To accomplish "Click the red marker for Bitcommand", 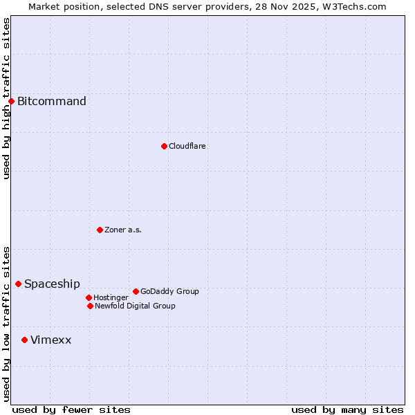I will (x=11, y=102).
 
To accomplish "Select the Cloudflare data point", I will (x=164, y=146).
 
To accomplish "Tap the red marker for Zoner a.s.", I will (x=100, y=230).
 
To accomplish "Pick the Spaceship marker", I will (x=18, y=284).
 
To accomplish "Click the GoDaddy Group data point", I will (x=136, y=291).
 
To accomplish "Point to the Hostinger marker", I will (x=89, y=297).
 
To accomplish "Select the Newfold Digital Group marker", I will (x=90, y=306).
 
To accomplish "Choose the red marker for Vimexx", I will (x=24, y=340).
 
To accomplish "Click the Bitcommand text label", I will (x=52, y=102).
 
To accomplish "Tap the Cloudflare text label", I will (x=187, y=146).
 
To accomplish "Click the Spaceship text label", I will (x=52, y=284).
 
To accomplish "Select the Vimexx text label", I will (x=51, y=340).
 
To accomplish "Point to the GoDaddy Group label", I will (x=169, y=291).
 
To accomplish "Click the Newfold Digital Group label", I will (x=135, y=306).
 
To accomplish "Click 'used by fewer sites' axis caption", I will (x=71, y=409).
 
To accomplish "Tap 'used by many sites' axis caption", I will (x=347, y=409).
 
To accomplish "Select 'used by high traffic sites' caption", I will (x=6, y=99).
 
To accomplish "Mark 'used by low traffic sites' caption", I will (x=6, y=324).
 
